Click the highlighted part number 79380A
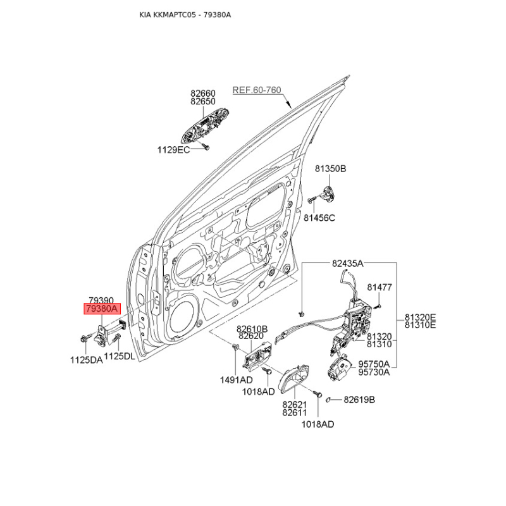102,309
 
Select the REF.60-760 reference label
257,90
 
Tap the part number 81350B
330,168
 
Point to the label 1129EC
173,150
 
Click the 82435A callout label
347,264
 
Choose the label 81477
379,287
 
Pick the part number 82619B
359,400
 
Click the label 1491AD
236,380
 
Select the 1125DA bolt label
87,360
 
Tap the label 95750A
374,364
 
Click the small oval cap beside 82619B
328,400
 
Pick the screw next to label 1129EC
205,147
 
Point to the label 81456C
319,218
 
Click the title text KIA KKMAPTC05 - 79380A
185,15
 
